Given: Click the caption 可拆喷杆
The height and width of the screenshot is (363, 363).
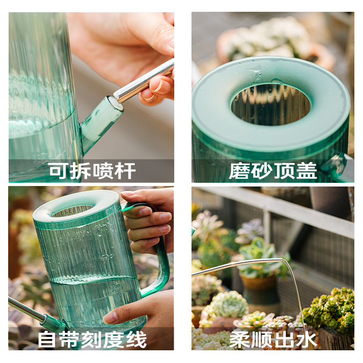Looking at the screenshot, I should [92, 171].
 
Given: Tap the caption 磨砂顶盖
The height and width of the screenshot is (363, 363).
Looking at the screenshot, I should [273, 171].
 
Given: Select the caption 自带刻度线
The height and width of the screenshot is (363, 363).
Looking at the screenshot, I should [92, 339].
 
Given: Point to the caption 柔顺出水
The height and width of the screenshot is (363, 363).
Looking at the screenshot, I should [273, 339].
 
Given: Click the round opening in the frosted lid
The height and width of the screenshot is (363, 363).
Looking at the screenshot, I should [271, 104].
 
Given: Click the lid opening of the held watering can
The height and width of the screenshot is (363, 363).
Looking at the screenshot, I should [73, 211].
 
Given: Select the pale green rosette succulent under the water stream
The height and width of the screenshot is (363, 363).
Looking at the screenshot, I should [230, 304].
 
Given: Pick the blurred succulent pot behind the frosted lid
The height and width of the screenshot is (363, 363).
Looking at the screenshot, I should [272, 39].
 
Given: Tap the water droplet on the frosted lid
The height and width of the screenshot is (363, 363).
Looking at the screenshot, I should [257, 75].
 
